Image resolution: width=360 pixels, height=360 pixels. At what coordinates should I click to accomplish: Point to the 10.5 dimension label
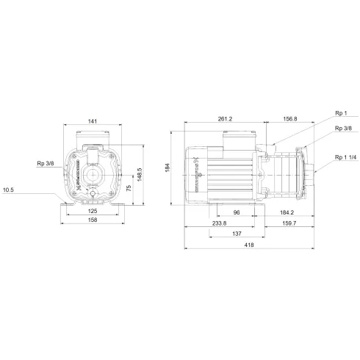[x=9, y=190]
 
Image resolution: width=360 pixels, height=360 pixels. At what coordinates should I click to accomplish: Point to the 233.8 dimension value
[x=220, y=223]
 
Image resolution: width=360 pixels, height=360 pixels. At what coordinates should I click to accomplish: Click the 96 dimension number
[x=237, y=213]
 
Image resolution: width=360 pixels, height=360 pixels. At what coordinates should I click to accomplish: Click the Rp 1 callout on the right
[x=339, y=113]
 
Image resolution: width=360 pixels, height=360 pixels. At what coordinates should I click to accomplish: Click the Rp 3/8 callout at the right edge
[x=342, y=129]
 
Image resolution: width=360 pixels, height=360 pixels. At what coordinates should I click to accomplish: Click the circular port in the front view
[x=92, y=175]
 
